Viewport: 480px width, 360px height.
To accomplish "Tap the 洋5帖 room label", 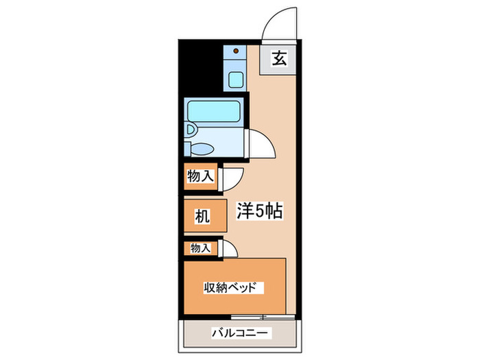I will tap(260, 212).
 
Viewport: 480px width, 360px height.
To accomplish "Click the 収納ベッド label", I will tap(233, 287).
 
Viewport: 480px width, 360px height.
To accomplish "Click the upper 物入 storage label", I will tap(200, 176).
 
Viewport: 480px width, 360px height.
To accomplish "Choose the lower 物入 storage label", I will tap(200, 248).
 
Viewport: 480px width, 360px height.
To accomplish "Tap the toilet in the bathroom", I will tap(200, 147).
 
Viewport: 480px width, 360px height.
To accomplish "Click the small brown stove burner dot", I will tap(237, 51).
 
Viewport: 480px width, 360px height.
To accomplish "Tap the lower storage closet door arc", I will tap(229, 248).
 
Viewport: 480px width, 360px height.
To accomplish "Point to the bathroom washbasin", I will tap(191, 128).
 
